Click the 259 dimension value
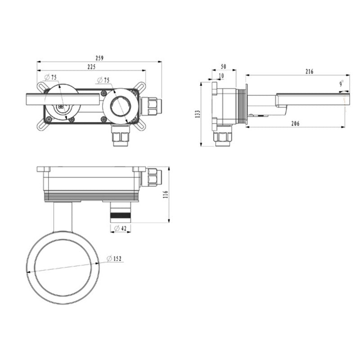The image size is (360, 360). click(x=99, y=58)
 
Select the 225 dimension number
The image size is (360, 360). click(x=91, y=67)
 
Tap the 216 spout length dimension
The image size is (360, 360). click(x=309, y=72)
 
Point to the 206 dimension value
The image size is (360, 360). click(x=296, y=123)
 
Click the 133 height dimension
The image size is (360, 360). click(x=198, y=114)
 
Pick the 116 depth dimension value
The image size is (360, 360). click(x=166, y=194)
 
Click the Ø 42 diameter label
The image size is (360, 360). click(x=120, y=228)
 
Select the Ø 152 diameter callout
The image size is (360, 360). click(x=114, y=258)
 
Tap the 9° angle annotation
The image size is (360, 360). click(x=342, y=84)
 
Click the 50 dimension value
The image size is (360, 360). click(x=223, y=67)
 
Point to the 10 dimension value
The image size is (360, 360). click(x=221, y=76)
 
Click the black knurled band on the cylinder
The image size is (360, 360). click(x=121, y=216)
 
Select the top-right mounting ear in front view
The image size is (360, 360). click(x=139, y=87)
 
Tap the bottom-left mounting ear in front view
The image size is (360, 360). click(x=43, y=125)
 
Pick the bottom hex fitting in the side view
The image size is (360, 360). click(x=222, y=136)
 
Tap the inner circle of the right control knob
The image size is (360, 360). click(x=121, y=107)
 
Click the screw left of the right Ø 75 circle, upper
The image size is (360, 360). click(x=103, y=93)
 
